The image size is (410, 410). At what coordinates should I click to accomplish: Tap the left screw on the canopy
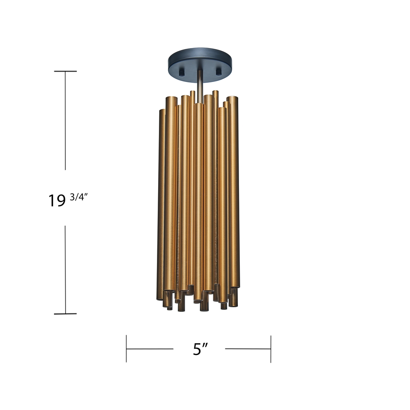(181, 73)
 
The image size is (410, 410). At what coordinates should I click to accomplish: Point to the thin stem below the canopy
(200, 84)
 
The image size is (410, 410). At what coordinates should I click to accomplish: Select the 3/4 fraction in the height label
(78, 197)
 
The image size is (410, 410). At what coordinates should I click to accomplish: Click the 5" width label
(200, 349)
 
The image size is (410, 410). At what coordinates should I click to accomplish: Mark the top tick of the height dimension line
(65, 71)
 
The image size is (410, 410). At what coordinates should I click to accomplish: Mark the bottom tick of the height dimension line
(65, 314)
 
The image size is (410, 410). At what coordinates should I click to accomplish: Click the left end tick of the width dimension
(127, 349)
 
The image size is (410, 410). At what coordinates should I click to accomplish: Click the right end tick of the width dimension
(271, 349)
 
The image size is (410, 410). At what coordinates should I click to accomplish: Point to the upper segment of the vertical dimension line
(65, 121)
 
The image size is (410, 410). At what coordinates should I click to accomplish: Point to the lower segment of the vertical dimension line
(65, 269)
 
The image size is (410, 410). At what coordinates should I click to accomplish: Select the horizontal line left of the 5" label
(150, 349)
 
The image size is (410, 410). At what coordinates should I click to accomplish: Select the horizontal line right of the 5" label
(248, 349)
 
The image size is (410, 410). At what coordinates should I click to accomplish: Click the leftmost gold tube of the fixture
(160, 203)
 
